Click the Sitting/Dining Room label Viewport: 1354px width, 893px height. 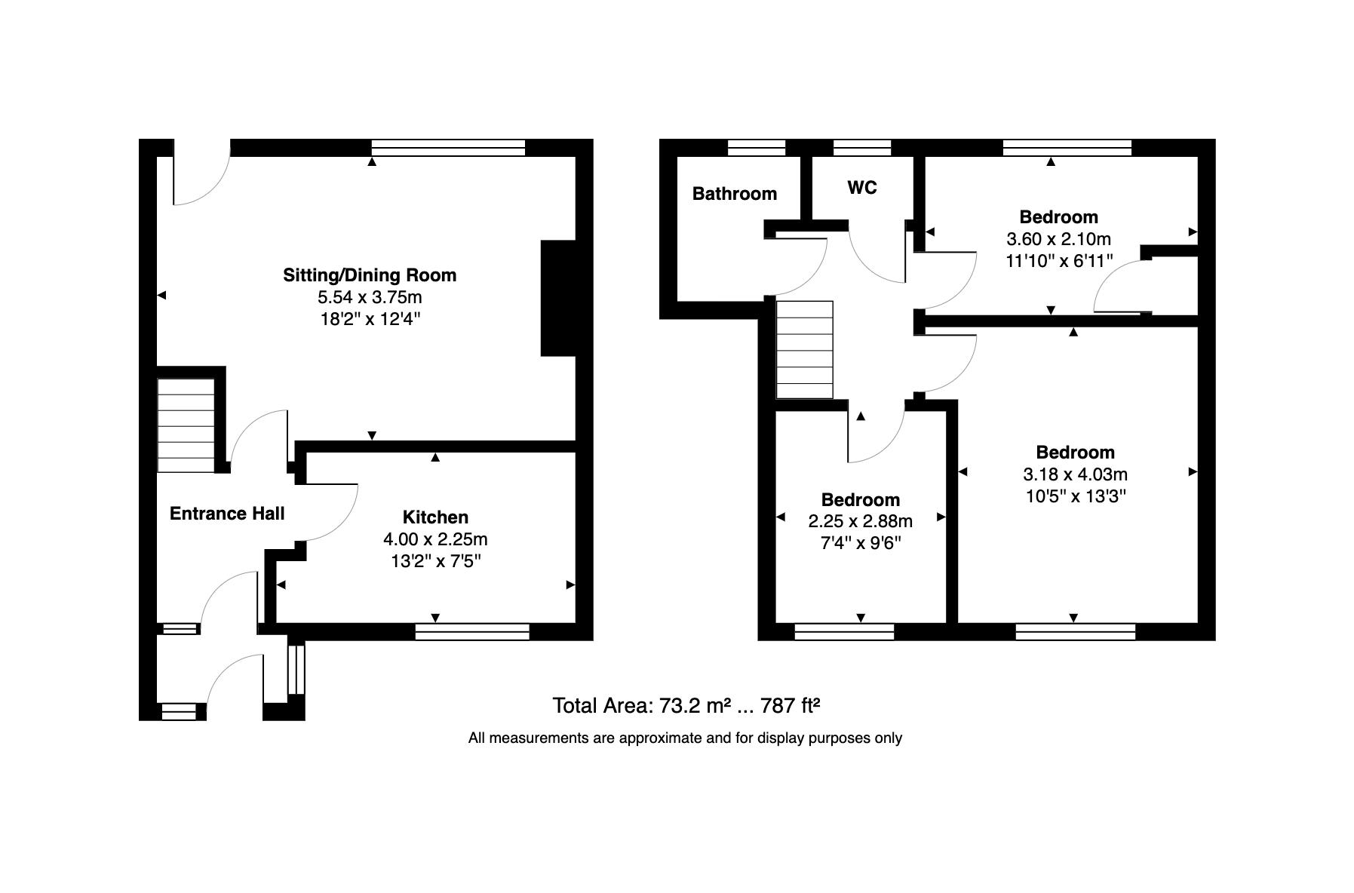pos(370,275)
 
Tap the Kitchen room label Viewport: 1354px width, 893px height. pos(435,517)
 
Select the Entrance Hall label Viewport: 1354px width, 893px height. pos(227,514)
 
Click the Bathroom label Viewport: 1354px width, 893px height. pos(735,194)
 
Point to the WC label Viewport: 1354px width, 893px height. pos(862,188)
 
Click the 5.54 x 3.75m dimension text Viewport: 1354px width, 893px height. pos(370,297)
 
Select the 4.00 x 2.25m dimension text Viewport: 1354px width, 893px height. pos(435,539)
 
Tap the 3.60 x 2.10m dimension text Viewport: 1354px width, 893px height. pos(1058,239)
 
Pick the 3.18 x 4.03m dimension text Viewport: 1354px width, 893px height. pos(1075,474)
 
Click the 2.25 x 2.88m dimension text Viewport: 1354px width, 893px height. pos(860,521)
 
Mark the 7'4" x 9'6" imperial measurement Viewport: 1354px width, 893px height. pos(860,543)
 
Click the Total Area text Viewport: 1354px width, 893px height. pos(686,706)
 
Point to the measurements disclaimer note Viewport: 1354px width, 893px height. pos(685,738)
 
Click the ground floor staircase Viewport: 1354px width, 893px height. pos(186,425)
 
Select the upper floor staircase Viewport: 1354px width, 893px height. pos(805,350)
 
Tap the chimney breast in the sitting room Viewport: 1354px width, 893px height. pos(558,298)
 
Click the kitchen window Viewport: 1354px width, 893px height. pos(472,631)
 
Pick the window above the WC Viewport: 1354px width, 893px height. pos(862,148)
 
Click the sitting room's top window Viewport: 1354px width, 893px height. pos(448,148)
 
